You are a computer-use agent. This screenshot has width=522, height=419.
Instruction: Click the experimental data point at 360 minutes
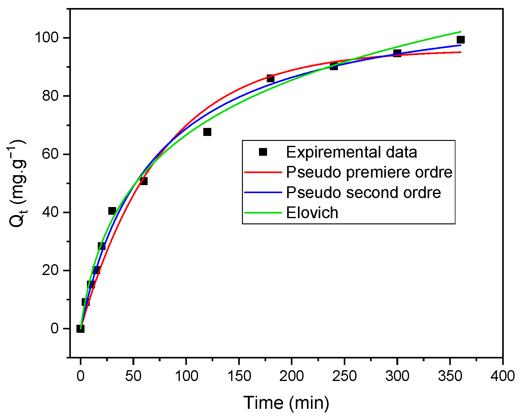tap(460, 40)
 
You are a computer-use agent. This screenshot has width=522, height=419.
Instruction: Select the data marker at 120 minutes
tap(207, 132)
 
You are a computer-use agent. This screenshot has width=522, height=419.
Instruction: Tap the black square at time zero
tap(80, 328)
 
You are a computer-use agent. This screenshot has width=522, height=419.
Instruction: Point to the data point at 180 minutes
tap(270, 78)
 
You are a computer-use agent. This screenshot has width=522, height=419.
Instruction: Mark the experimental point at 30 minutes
tap(112, 211)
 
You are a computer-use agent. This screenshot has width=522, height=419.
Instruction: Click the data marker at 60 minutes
tap(144, 181)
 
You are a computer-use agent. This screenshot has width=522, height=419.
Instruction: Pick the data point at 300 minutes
tap(397, 53)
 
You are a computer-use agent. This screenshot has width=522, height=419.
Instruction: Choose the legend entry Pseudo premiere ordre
tap(369, 172)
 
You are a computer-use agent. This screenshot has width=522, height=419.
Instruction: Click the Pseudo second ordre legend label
tap(363, 193)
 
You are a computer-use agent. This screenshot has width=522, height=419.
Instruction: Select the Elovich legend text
tap(312, 213)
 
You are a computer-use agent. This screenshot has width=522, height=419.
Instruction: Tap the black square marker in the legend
tap(263, 152)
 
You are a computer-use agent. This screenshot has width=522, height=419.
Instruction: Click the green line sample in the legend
tap(263, 213)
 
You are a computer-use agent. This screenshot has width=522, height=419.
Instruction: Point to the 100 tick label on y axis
tap(46, 38)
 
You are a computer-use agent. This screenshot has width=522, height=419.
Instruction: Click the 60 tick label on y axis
tap(50, 154)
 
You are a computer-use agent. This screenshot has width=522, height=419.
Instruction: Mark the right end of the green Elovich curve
tap(460, 32)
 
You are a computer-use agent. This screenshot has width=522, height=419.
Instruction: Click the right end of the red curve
tap(460, 52)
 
